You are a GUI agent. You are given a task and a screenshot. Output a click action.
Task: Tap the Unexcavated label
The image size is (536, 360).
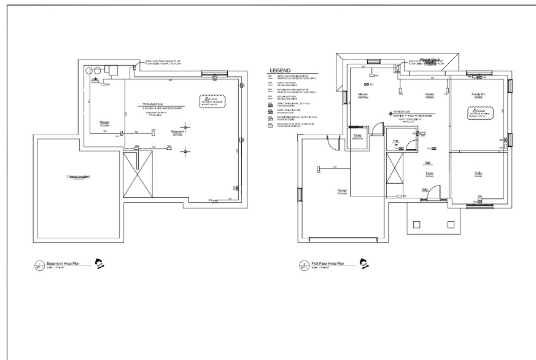tap(79, 177)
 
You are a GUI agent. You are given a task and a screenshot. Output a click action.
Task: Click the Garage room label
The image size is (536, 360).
tap(342, 191)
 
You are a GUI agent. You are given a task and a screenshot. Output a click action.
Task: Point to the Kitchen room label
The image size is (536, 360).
tap(363, 94)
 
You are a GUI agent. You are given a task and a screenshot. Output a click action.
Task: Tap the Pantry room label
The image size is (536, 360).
tap(357, 136)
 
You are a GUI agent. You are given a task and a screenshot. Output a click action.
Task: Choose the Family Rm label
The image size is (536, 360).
tap(478, 94)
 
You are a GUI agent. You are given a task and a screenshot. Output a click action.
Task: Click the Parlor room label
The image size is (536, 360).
tap(478, 173)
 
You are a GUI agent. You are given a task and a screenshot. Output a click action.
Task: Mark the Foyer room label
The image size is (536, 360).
tap(430, 173)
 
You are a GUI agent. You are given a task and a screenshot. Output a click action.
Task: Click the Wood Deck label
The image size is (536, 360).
tap(430, 60)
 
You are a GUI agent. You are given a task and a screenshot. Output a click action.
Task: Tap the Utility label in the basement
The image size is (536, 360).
tap(95, 80)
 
